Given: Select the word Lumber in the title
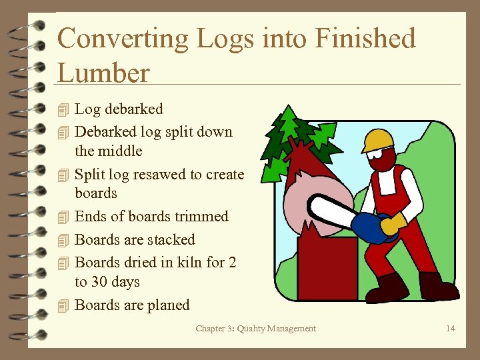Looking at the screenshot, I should point(103,73).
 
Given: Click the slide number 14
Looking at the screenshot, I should point(451,328).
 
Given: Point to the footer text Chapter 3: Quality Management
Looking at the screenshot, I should point(256,328).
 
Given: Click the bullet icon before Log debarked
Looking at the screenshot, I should point(63,109).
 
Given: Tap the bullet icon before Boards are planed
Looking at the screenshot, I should point(63,306).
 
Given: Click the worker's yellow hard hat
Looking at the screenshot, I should point(377,140).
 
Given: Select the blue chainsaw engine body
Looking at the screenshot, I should point(371,227).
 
